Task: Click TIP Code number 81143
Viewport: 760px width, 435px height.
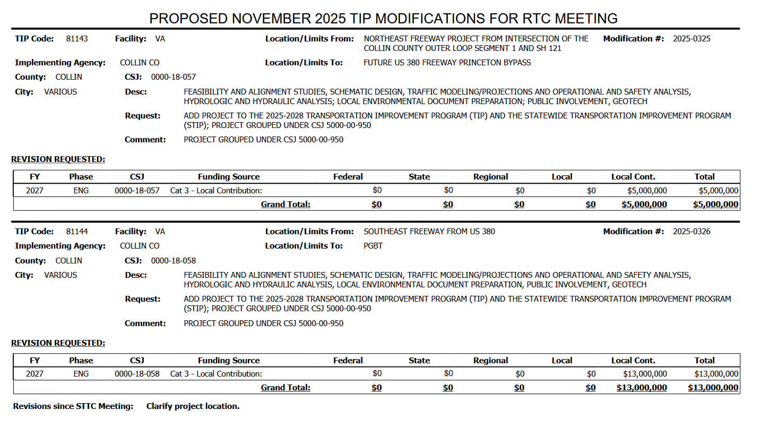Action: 77,39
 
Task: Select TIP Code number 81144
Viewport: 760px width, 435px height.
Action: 77,232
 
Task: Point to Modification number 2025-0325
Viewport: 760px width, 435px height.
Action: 692,39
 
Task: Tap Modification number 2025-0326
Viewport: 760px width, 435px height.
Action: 692,232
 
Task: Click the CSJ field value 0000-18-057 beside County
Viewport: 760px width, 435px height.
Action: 174,77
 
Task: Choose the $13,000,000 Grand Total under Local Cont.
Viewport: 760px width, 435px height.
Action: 642,388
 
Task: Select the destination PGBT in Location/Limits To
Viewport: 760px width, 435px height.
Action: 373,246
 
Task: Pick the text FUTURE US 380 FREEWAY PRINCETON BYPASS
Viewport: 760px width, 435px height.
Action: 447,63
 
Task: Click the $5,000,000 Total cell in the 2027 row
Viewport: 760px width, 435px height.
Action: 718,191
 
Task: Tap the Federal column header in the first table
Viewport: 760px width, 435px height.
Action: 348,177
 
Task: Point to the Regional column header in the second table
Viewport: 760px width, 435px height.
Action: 490,361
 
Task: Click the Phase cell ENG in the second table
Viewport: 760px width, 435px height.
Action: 81,374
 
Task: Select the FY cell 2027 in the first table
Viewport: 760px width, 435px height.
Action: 35,191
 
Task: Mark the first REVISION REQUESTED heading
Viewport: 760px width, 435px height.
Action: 58,159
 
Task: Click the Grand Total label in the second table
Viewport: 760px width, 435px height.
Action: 286,388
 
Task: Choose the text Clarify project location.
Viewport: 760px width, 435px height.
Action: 193,406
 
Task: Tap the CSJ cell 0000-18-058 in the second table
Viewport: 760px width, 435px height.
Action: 137,374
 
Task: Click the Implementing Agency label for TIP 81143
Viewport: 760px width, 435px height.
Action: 61,63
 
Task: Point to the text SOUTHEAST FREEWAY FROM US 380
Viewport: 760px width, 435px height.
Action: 429,232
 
